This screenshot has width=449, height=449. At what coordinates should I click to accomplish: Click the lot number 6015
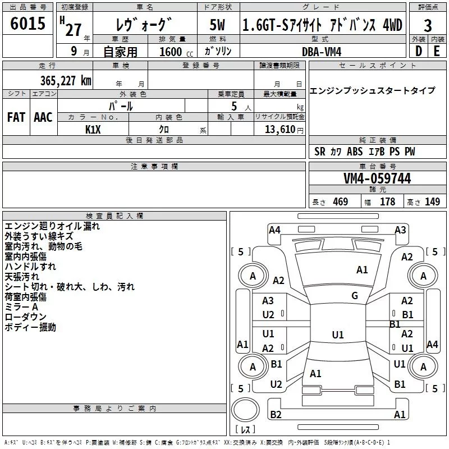point(28,24)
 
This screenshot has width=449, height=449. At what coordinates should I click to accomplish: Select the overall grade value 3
point(428,26)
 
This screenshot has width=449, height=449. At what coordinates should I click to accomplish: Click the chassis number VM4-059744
point(377,178)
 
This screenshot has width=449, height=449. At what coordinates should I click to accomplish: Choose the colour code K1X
point(93,129)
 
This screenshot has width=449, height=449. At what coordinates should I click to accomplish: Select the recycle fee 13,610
point(279,129)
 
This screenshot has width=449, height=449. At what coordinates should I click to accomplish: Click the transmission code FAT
point(16,117)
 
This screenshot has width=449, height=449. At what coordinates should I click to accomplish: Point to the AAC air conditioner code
point(43,117)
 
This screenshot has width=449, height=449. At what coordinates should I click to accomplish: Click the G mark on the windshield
point(355,296)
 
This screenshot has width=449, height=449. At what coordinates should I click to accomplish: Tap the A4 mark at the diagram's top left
point(274,230)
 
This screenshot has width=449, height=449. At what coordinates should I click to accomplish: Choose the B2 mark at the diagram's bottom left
point(276,415)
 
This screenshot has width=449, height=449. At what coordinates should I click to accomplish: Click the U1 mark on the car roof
point(337,335)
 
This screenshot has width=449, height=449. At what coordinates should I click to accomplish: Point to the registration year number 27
point(73,29)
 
